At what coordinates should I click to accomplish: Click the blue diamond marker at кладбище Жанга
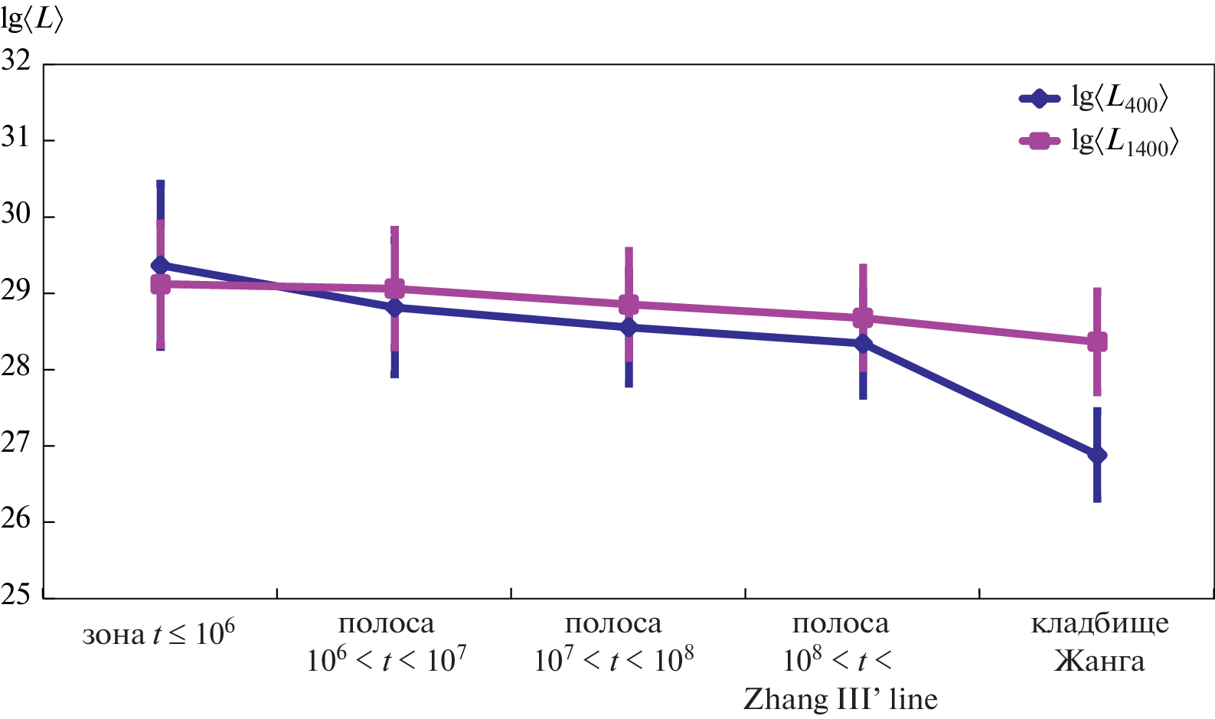pyautogui.click(x=1097, y=455)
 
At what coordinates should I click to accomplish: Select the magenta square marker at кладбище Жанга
pyautogui.click(x=1097, y=342)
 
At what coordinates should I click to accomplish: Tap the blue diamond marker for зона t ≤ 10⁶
pyautogui.click(x=161, y=266)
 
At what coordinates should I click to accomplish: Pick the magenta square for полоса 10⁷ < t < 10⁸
pyautogui.click(x=629, y=304)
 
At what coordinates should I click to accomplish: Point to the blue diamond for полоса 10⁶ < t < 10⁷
pyautogui.click(x=394, y=308)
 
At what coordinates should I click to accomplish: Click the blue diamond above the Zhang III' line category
pyautogui.click(x=863, y=344)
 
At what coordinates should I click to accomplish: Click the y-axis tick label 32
pyautogui.click(x=16, y=61)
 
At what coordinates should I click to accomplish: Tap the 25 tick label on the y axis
pyautogui.click(x=16, y=595)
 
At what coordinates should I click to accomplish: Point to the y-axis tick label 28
pyautogui.click(x=16, y=367)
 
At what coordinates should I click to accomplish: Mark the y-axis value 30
pyautogui.click(x=16, y=214)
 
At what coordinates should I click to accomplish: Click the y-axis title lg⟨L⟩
pyautogui.click(x=32, y=19)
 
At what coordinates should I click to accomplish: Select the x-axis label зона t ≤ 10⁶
pyautogui.click(x=158, y=634)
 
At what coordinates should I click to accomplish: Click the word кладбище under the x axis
pyautogui.click(x=1099, y=624)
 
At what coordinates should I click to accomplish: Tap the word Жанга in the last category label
pyautogui.click(x=1099, y=661)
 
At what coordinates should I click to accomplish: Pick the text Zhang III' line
pyautogui.click(x=841, y=698)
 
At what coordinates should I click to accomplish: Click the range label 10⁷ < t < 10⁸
pyautogui.click(x=614, y=660)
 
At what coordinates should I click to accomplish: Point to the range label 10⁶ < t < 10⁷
pyautogui.click(x=387, y=660)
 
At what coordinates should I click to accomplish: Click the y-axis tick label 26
pyautogui.click(x=16, y=519)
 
